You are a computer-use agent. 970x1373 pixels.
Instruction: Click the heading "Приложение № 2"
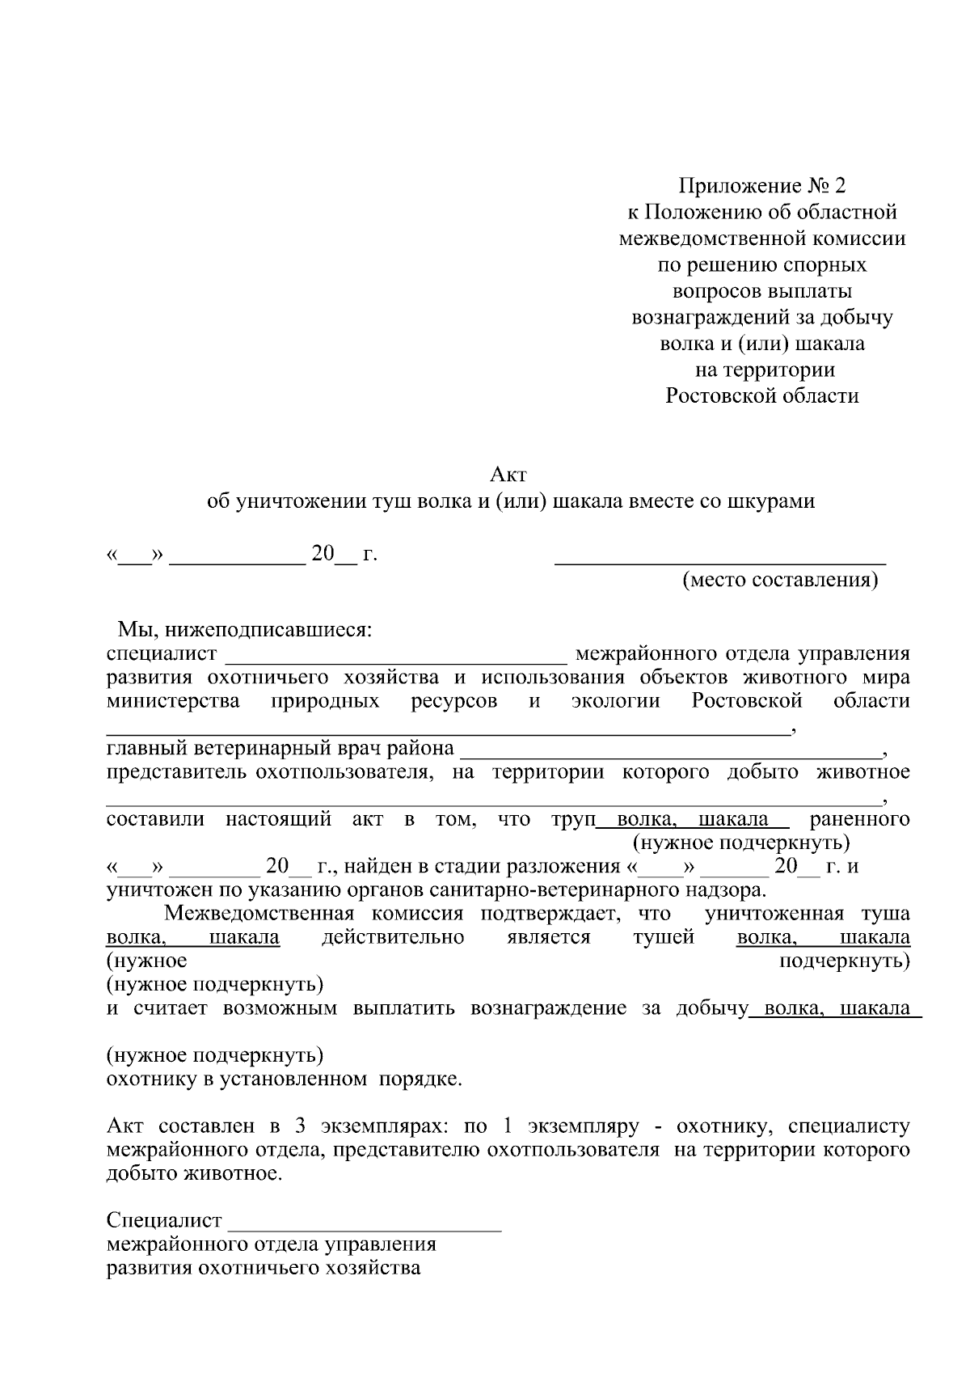click(x=761, y=187)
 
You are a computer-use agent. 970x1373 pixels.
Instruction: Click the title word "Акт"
click(x=509, y=474)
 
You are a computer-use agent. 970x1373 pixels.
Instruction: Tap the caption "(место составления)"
click(x=780, y=581)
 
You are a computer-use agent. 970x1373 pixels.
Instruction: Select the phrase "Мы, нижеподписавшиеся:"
click(x=245, y=629)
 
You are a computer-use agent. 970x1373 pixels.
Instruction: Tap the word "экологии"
click(x=615, y=701)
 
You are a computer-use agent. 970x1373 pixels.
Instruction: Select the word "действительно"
click(x=393, y=938)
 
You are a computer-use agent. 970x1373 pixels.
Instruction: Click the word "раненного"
click(x=859, y=819)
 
